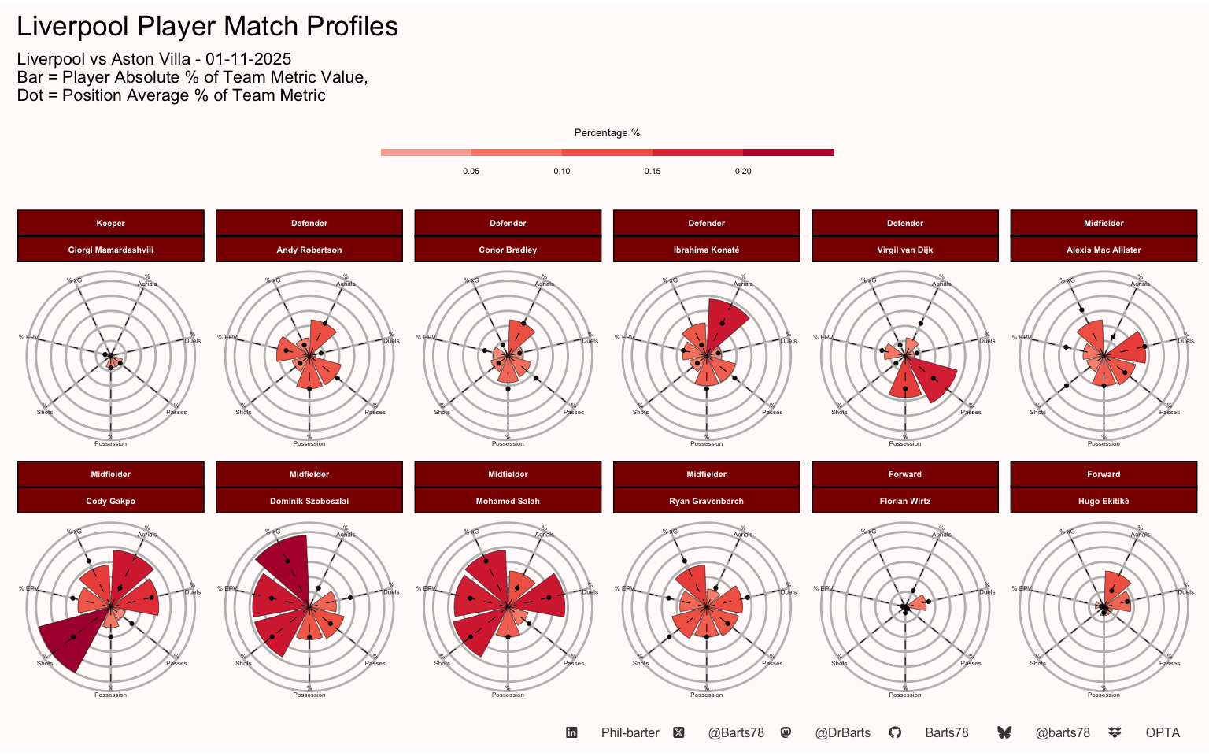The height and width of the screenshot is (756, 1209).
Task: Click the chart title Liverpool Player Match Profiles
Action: click(207, 27)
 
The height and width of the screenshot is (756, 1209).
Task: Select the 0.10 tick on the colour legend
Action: click(561, 171)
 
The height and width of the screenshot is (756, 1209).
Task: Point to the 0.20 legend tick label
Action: click(743, 171)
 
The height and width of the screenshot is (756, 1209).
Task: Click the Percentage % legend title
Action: click(607, 133)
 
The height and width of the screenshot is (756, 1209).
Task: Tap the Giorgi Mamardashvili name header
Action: click(111, 250)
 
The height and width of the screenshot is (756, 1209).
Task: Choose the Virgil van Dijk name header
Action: click(905, 250)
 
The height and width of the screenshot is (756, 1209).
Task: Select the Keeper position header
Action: click(111, 223)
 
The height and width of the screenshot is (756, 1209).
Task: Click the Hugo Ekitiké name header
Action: click(1104, 501)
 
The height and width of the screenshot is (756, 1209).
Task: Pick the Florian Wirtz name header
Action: click(905, 501)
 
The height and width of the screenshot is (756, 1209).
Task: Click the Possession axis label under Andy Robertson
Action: click(309, 443)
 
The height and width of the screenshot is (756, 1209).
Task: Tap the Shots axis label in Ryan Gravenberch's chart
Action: click(641, 663)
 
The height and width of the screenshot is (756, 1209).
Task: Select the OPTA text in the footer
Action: click(1163, 732)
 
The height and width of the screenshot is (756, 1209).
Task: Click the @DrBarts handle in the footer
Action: click(842, 732)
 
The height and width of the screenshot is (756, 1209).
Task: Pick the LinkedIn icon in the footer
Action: click(571, 732)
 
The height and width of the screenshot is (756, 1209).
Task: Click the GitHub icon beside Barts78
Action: click(895, 732)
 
